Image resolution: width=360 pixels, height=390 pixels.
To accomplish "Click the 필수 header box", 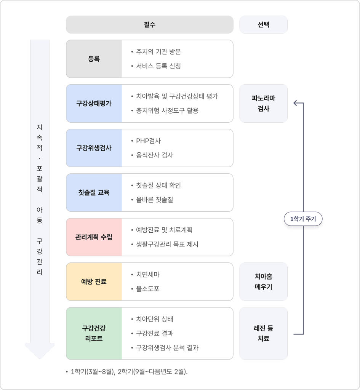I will (x=149, y=25).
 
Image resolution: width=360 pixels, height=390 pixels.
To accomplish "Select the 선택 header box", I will (x=263, y=25).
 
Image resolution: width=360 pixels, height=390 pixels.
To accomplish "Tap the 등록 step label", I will (x=94, y=59).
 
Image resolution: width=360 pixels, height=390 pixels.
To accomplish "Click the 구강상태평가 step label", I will (x=94, y=103).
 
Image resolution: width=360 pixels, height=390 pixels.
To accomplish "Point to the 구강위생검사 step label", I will (x=94, y=148).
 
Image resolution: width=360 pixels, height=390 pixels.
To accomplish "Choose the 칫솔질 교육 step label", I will (x=94, y=192).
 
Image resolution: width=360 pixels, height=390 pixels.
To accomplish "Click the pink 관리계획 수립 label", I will (x=94, y=237).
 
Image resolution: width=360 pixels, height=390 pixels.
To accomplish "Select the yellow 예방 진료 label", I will (x=94, y=281).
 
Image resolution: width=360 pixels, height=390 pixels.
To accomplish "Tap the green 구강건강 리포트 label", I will (x=94, y=333).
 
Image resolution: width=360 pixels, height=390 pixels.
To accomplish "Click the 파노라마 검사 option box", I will (x=263, y=103).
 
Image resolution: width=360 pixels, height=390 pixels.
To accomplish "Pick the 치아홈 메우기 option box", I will (x=263, y=281).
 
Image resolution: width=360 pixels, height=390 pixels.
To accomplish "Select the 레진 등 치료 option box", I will (x=263, y=333).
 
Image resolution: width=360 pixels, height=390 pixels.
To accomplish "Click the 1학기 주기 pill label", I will (x=303, y=219).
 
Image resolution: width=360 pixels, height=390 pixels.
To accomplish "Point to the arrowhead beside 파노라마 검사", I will (x=295, y=103).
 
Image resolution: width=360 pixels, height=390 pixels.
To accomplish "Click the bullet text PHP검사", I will (x=148, y=141).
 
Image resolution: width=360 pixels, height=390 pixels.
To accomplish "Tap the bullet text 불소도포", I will (x=147, y=289).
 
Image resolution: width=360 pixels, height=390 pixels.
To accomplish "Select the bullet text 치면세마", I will (x=147, y=275).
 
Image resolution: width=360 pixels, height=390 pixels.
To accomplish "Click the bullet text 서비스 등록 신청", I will (x=158, y=66).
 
